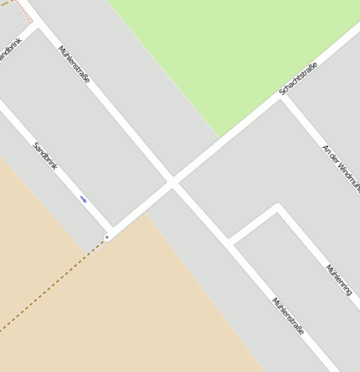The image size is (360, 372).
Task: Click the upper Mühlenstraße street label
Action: click(x=75, y=64)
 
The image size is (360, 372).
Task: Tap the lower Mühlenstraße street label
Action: click(x=288, y=316)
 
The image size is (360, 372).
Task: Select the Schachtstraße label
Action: click(x=298, y=78)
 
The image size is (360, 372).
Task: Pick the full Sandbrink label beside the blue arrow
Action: click(x=45, y=156)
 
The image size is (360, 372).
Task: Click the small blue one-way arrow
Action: click(x=83, y=199)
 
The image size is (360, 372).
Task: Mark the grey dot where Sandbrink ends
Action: click(x=107, y=238)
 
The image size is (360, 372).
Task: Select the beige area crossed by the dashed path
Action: click(x=109, y=311)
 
